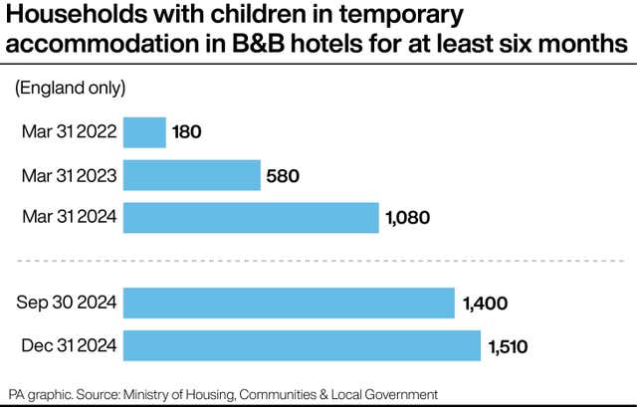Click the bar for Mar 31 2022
click(x=144, y=132)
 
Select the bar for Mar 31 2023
click(x=192, y=175)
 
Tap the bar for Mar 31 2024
click(x=251, y=218)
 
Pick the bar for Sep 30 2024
click(x=289, y=303)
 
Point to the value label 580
click(x=284, y=176)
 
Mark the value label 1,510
click(x=508, y=346)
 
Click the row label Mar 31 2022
click(x=69, y=132)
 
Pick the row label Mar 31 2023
click(x=69, y=176)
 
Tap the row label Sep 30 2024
click(x=68, y=304)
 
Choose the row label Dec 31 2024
click(x=68, y=346)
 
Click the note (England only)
click(x=70, y=89)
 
